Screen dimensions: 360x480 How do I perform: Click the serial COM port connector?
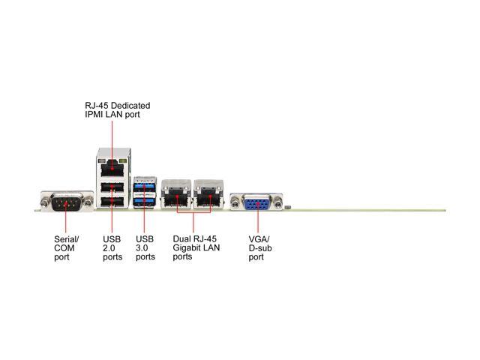click(x=64, y=202)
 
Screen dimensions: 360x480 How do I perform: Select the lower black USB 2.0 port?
click(x=111, y=201)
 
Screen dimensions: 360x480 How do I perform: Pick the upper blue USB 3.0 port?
click(x=145, y=187)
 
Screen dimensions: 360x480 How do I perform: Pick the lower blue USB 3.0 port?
click(x=145, y=200)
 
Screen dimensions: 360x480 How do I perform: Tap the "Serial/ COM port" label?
click(x=66, y=248)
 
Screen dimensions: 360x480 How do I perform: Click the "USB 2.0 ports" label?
click(x=112, y=248)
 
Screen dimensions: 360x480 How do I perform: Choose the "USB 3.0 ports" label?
click(x=145, y=248)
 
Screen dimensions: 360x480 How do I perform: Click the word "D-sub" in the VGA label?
click(x=259, y=248)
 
